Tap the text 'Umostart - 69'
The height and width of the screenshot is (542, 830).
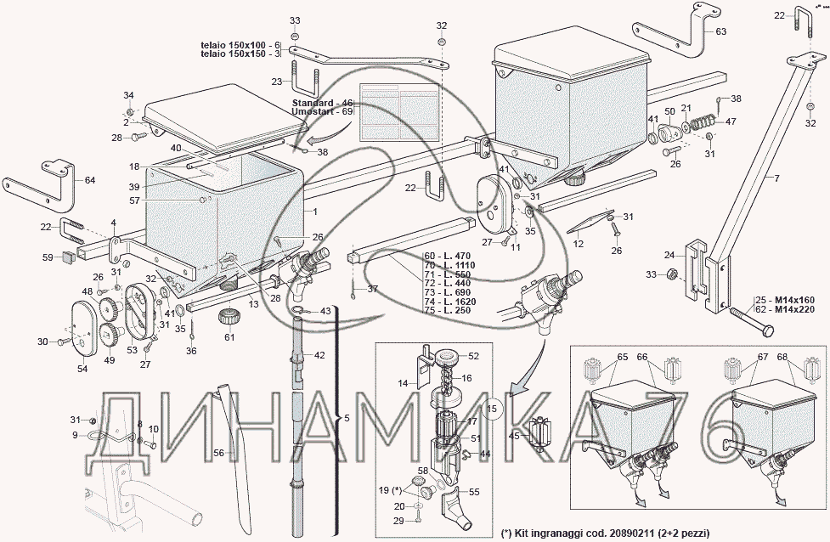[322, 112]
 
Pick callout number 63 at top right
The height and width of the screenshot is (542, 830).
[720, 31]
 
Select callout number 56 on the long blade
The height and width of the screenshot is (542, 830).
[218, 454]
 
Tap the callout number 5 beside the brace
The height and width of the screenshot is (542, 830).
[345, 418]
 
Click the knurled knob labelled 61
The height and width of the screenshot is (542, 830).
[228, 321]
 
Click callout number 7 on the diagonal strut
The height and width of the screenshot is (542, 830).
[775, 178]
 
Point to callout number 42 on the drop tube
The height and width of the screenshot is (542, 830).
[319, 354]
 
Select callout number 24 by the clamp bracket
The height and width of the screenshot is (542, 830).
[669, 254]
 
